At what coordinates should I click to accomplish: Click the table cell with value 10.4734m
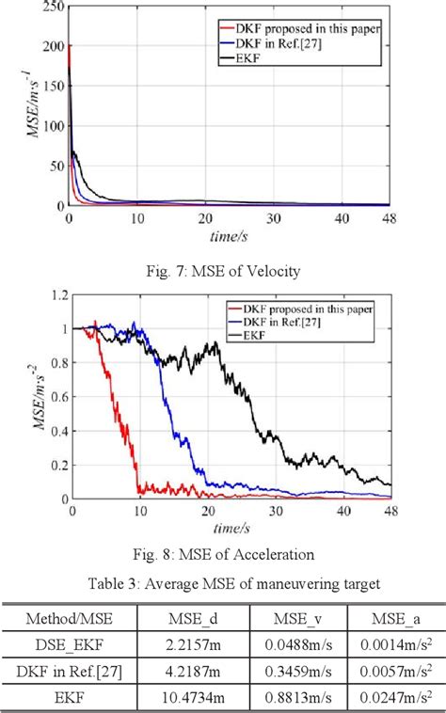coord(192,697)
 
